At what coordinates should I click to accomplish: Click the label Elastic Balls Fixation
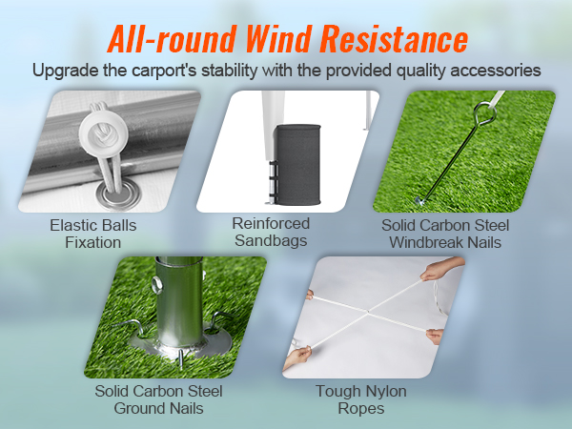click(x=92, y=235)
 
